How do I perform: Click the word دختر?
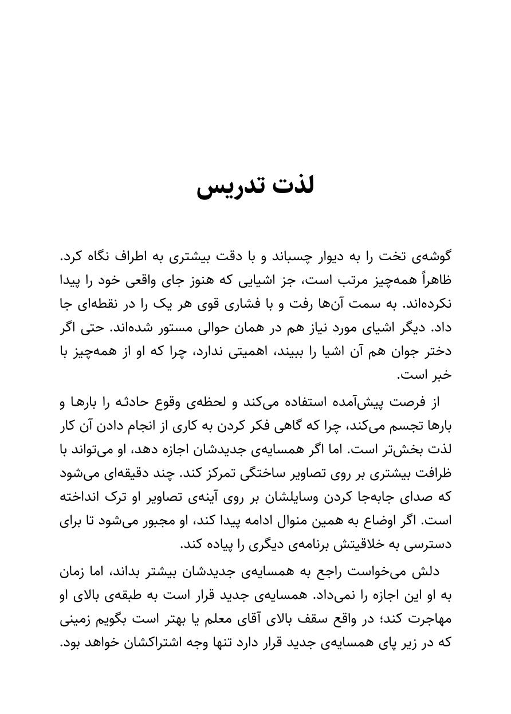(x=437, y=352)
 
